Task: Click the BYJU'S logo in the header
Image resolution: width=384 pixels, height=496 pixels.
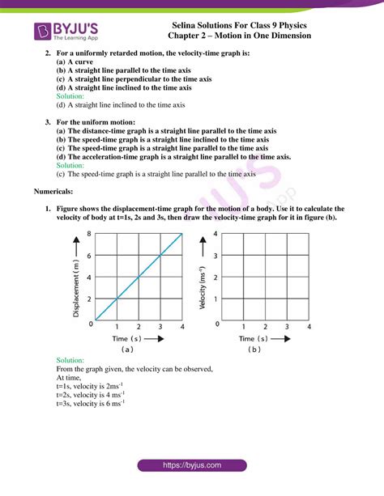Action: point(67,32)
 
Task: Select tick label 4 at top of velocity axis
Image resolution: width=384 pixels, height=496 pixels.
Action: point(215,234)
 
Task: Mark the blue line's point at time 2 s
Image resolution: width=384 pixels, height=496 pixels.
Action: point(139,277)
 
